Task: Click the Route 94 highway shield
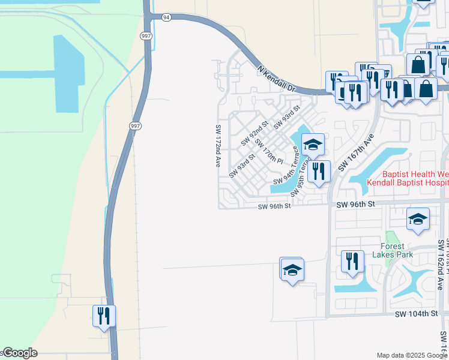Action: click(166, 17)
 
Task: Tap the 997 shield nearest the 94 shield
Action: click(146, 36)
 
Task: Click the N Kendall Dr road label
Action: click(277, 78)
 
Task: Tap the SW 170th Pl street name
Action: click(268, 151)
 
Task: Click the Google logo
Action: click(19, 353)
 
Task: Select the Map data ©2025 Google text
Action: click(412, 355)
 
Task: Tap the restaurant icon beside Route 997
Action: click(104, 316)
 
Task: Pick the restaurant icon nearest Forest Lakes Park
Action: click(352, 262)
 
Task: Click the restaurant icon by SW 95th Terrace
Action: click(319, 172)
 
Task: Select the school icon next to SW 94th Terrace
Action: click(313, 145)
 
